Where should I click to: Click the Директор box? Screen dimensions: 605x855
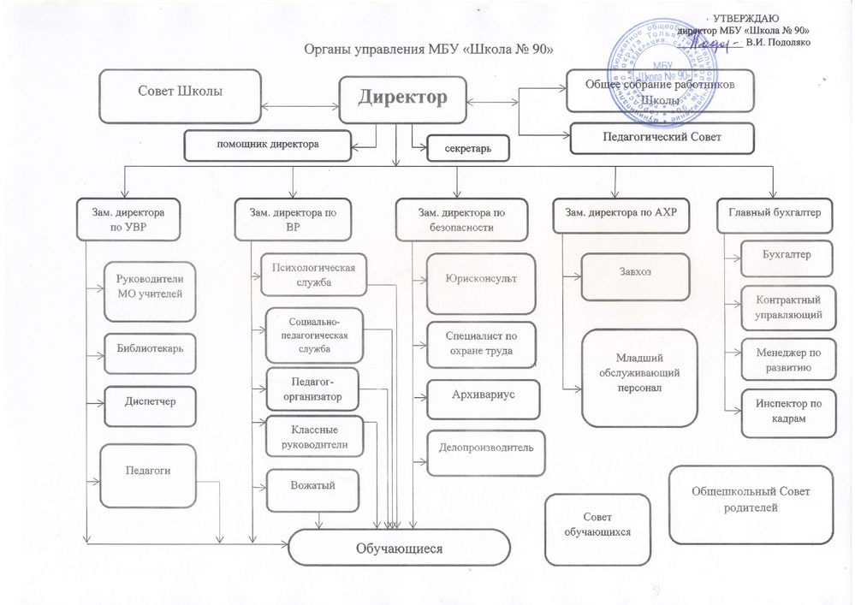click(402, 98)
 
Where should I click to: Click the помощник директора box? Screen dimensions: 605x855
click(267, 145)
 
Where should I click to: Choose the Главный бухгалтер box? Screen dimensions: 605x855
click(775, 214)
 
